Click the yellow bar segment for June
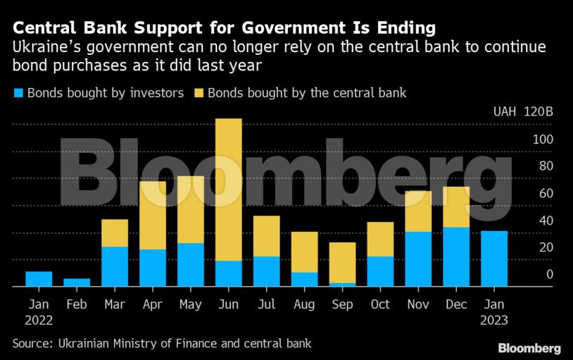click(229, 189)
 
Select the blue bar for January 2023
click(495, 259)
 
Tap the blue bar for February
click(77, 283)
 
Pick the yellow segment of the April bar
click(153, 215)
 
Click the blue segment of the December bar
click(457, 256)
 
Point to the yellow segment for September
click(343, 263)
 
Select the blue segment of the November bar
click(419, 259)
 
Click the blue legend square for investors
click(18, 93)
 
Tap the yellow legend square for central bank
click(198, 93)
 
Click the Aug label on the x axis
click(305, 304)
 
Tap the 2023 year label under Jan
click(495, 320)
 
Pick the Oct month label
click(381, 304)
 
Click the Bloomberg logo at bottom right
click(529, 348)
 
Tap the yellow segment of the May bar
click(191, 209)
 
